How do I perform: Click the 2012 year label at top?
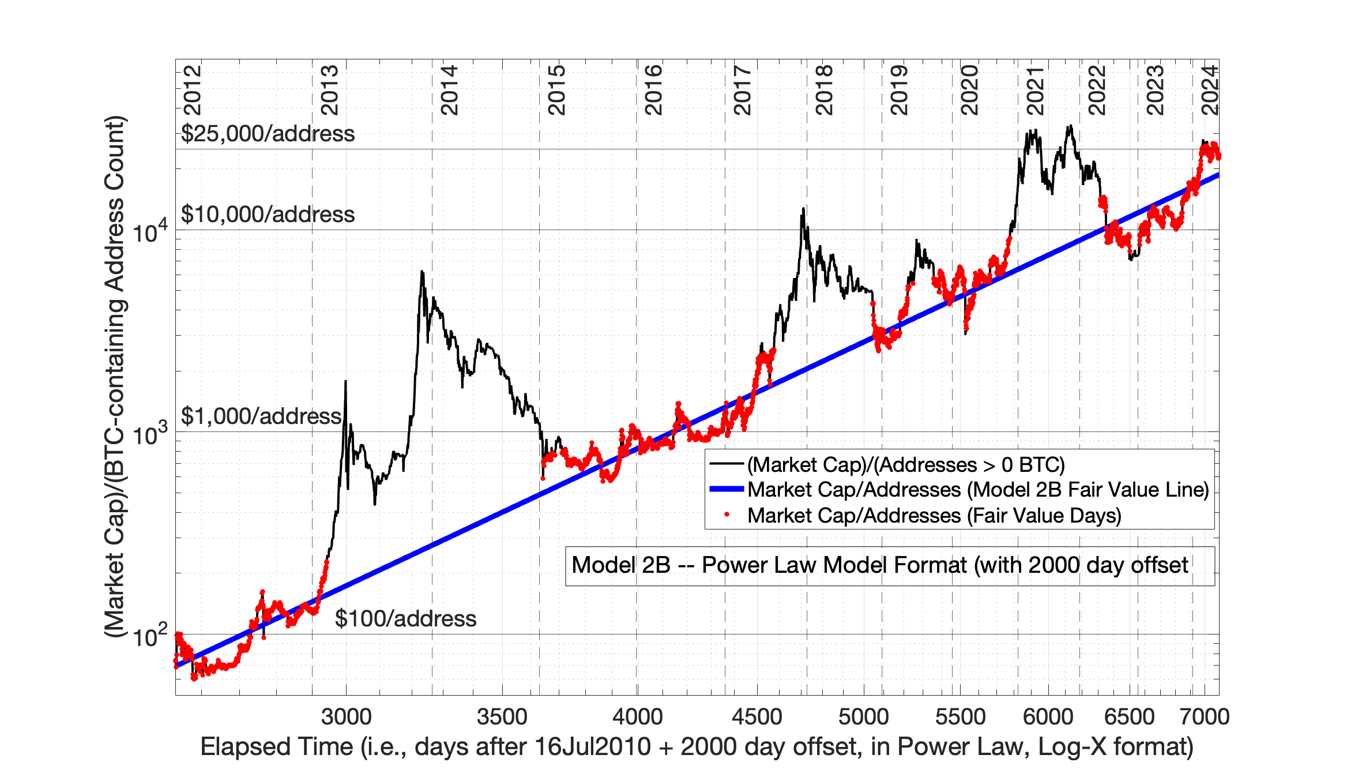click(x=193, y=91)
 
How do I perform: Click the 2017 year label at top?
click(x=743, y=91)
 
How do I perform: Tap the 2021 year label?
click(x=1036, y=91)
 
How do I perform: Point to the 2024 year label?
click(x=1210, y=91)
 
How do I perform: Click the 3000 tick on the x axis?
click(x=346, y=716)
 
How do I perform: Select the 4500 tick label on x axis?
click(x=757, y=716)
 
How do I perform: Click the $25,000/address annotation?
click(x=268, y=134)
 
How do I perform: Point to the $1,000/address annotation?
click(x=261, y=416)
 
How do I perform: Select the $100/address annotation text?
click(x=405, y=619)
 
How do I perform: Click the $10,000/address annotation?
click(x=268, y=215)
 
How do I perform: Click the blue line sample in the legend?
click(x=727, y=489)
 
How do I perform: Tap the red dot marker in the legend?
click(x=727, y=515)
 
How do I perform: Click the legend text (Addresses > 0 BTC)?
click(x=906, y=464)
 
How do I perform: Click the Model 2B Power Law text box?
click(x=879, y=565)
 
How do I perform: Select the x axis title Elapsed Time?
click(x=696, y=747)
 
